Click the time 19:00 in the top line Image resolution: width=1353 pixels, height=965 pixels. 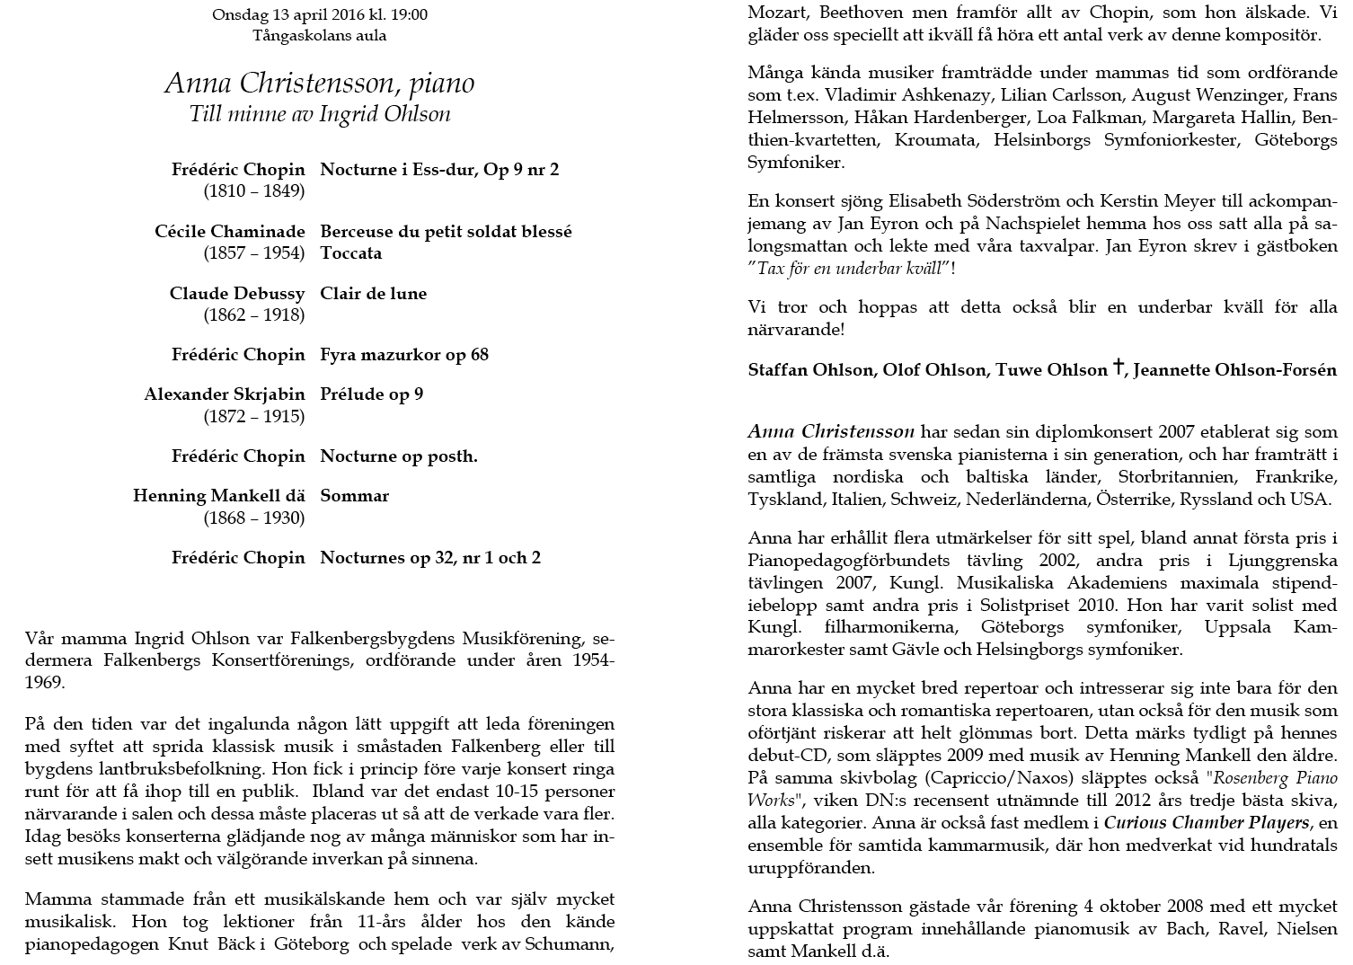pos(409,14)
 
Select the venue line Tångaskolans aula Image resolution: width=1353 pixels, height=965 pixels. pos(320,36)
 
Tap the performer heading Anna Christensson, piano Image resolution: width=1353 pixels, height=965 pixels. pos(320,84)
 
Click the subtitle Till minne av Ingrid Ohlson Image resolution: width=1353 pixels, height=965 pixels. pos(320,114)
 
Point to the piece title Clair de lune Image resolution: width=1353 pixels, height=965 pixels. pos(374,294)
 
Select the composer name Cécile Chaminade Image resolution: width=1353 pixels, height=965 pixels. pos(230,232)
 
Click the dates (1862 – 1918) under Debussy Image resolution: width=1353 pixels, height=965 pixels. pos(253,315)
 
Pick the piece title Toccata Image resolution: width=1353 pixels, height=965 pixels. pos(351,253)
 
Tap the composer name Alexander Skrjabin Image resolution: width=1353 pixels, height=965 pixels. pos(225,394)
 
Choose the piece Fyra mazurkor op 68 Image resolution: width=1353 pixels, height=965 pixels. pos(404,355)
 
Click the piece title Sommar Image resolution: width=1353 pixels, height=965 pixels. pos(355,496)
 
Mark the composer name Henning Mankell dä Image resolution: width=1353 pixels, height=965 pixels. pos(219,496)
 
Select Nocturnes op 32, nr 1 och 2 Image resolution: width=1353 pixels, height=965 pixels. pos(430,558)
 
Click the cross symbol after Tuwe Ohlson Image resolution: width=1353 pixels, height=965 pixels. pos(1119,367)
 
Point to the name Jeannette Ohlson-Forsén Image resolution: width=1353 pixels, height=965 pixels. pos(1235,370)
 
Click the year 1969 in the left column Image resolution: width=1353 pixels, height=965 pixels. pos(45,683)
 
